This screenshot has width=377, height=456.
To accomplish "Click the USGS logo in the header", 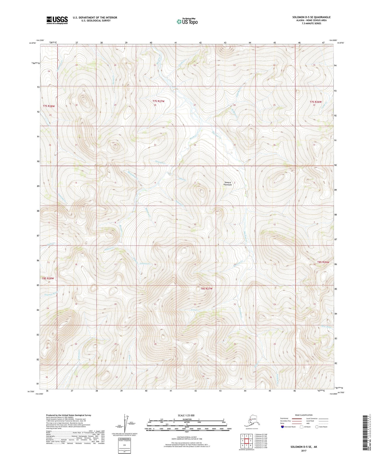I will coord(57,20).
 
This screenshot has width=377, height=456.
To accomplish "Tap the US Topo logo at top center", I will coord(187,21).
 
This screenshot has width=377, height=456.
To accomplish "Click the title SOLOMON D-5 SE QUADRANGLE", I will coord(311,17).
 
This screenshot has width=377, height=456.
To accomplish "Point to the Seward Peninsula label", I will coord(228,184).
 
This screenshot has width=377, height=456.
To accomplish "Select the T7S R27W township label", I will coord(158,101).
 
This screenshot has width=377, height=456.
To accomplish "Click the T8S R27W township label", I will coord(207,289).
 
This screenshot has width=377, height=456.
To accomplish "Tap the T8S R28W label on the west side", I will coord(48,278).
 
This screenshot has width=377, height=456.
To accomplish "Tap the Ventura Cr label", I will coord(145,264).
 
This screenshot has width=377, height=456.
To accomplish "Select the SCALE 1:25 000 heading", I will coord(186,415).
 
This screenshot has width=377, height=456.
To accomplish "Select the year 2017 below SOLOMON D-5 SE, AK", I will coord(304,451).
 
